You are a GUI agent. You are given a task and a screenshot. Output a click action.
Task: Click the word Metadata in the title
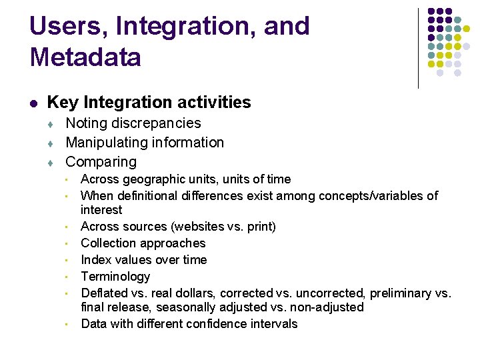tap(85, 57)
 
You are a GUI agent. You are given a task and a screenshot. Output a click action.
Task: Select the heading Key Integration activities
tap(149, 102)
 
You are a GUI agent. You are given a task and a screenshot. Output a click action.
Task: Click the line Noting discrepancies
tap(133, 123)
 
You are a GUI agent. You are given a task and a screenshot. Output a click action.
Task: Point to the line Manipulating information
tap(145, 143)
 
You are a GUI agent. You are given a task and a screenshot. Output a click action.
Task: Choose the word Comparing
tap(101, 162)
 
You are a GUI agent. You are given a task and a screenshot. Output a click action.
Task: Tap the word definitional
tap(147, 196)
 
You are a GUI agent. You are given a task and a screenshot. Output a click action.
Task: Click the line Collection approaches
tap(143, 243)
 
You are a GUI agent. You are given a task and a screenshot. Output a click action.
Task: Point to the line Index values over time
tap(143, 260)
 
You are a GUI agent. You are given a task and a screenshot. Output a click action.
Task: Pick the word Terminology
tap(115, 277)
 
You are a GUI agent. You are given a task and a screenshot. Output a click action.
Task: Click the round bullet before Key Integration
tap(33, 103)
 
